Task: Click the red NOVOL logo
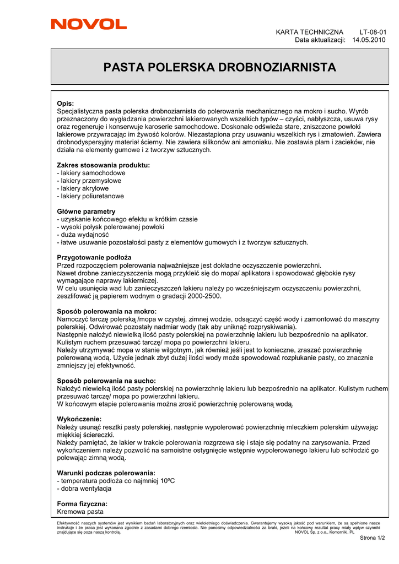(89, 24)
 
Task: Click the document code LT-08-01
(373, 32)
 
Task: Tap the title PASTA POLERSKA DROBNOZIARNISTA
(220, 67)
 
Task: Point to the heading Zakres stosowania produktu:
(103, 165)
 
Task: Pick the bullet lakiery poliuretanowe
(90, 196)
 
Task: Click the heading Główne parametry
(87, 211)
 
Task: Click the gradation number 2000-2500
(202, 296)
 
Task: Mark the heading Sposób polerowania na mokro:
(107, 312)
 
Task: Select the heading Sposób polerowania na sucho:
(106, 381)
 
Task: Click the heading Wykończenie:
(79, 419)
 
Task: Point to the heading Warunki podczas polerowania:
(106, 473)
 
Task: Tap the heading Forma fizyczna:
(82, 504)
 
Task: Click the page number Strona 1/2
(372, 538)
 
